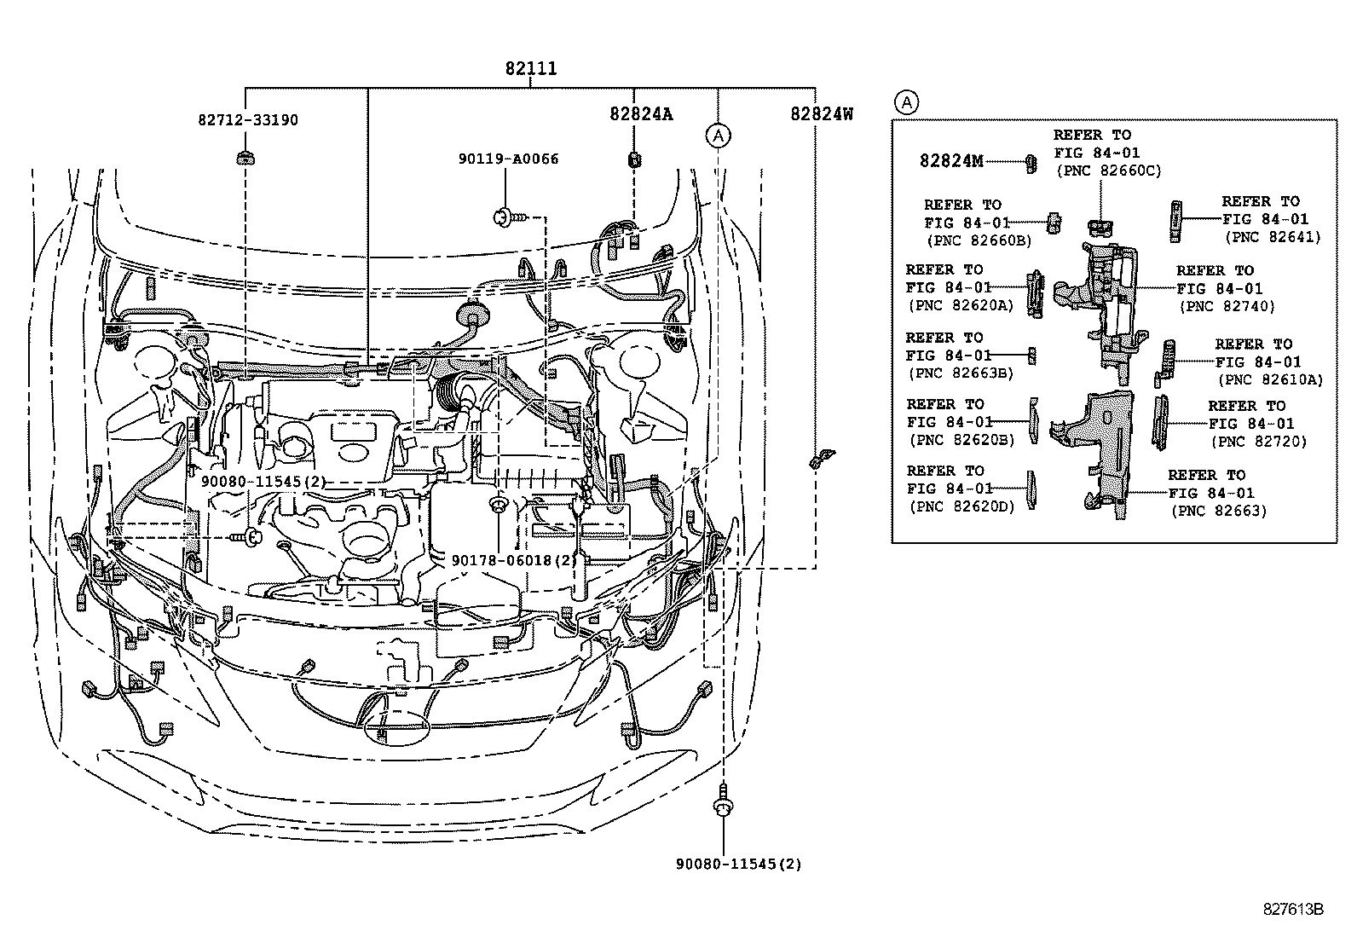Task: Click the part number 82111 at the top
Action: (x=530, y=69)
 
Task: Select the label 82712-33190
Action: (x=247, y=120)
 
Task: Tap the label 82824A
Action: (x=640, y=113)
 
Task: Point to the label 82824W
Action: (x=821, y=113)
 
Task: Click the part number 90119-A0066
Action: (x=508, y=159)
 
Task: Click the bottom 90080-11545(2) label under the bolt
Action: (x=739, y=864)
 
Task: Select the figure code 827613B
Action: (x=1292, y=910)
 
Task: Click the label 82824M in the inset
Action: (x=950, y=161)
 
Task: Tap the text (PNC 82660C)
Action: (x=1108, y=171)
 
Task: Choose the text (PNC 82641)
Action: (x=1272, y=237)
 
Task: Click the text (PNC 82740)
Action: (x=1227, y=306)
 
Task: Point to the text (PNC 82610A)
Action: (x=1270, y=380)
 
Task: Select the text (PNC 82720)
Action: (x=1258, y=441)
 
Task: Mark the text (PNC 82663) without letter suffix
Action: (x=1218, y=511)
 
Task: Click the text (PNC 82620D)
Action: (x=961, y=507)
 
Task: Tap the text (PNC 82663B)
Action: (x=961, y=373)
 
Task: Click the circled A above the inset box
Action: (x=906, y=103)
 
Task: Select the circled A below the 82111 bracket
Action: (x=719, y=135)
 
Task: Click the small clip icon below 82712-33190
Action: (x=245, y=157)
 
